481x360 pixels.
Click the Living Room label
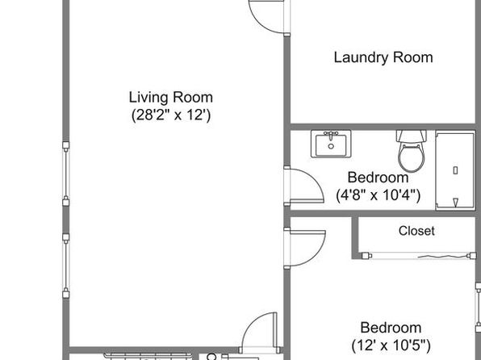click(170, 98)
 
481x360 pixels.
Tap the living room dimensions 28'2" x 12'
click(171, 115)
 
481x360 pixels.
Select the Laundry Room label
click(383, 57)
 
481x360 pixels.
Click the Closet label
click(416, 231)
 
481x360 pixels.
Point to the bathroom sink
click(331, 144)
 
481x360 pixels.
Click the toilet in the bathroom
click(412, 151)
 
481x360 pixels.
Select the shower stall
click(455, 171)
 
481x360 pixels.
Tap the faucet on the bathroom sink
click(331, 135)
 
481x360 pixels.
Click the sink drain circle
click(331, 146)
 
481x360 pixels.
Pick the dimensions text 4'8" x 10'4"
click(379, 195)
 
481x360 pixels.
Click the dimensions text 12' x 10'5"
click(391, 345)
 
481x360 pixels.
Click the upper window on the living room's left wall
click(65, 174)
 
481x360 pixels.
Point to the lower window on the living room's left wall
click(65, 266)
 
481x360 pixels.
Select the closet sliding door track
click(419, 255)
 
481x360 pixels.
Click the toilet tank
click(412, 136)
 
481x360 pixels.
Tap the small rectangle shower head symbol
click(455, 170)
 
